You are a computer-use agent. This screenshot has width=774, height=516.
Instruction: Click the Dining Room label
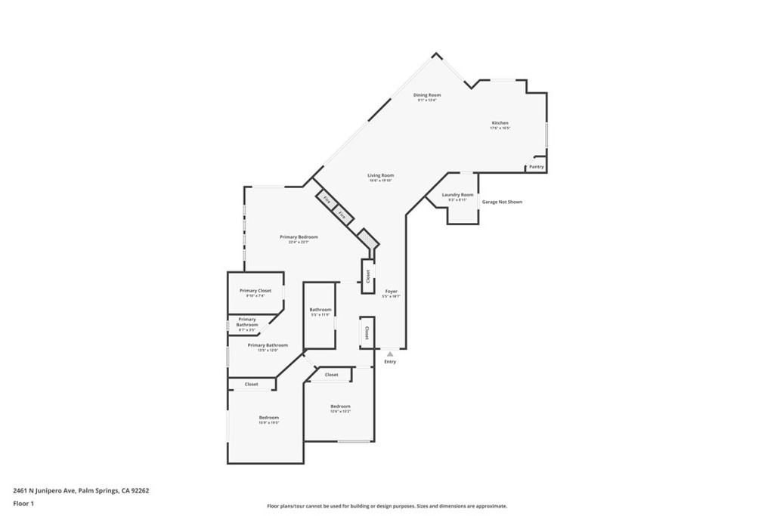click(x=427, y=95)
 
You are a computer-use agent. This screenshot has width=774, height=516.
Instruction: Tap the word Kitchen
click(x=500, y=122)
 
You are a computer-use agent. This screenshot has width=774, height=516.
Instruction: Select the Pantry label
click(x=537, y=166)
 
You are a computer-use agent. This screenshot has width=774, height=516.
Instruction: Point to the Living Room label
click(x=381, y=175)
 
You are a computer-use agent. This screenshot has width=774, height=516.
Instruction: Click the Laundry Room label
click(x=457, y=194)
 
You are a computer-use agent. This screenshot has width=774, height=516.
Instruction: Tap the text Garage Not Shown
click(x=502, y=202)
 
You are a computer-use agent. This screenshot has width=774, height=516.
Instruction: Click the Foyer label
click(x=391, y=291)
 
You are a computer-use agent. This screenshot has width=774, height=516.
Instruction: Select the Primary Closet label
click(x=255, y=290)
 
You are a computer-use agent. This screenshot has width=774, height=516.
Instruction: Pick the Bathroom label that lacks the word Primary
click(x=320, y=309)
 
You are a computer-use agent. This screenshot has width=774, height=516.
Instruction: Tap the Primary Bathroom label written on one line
click(x=257, y=345)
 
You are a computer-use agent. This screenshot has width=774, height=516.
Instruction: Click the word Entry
click(x=390, y=362)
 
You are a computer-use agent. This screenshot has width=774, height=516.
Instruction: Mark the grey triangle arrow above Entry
click(x=390, y=353)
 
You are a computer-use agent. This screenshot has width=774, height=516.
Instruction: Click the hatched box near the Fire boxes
click(x=367, y=239)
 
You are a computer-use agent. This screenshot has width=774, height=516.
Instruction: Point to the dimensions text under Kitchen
click(x=500, y=128)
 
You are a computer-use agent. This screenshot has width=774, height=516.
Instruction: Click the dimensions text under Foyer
click(x=391, y=297)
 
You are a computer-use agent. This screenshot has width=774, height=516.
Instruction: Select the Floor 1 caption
click(x=23, y=503)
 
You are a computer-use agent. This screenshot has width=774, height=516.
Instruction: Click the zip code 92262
click(x=140, y=490)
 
